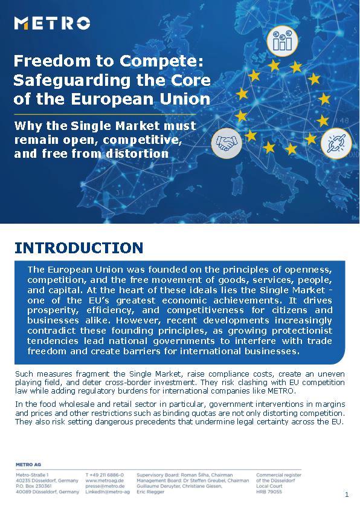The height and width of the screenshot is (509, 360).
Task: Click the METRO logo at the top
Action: tap(52, 24)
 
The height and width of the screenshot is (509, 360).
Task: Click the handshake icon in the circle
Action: tap(227, 143)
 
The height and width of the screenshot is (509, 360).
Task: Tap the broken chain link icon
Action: tap(335, 143)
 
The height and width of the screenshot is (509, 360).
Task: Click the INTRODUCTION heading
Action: tap(79, 248)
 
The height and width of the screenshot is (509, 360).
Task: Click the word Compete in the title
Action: tap(159, 61)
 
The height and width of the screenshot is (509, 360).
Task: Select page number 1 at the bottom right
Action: tap(347, 494)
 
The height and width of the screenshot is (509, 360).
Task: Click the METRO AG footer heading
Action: tap(28, 464)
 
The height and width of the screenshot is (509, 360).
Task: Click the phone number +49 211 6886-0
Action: tap(104, 475)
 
